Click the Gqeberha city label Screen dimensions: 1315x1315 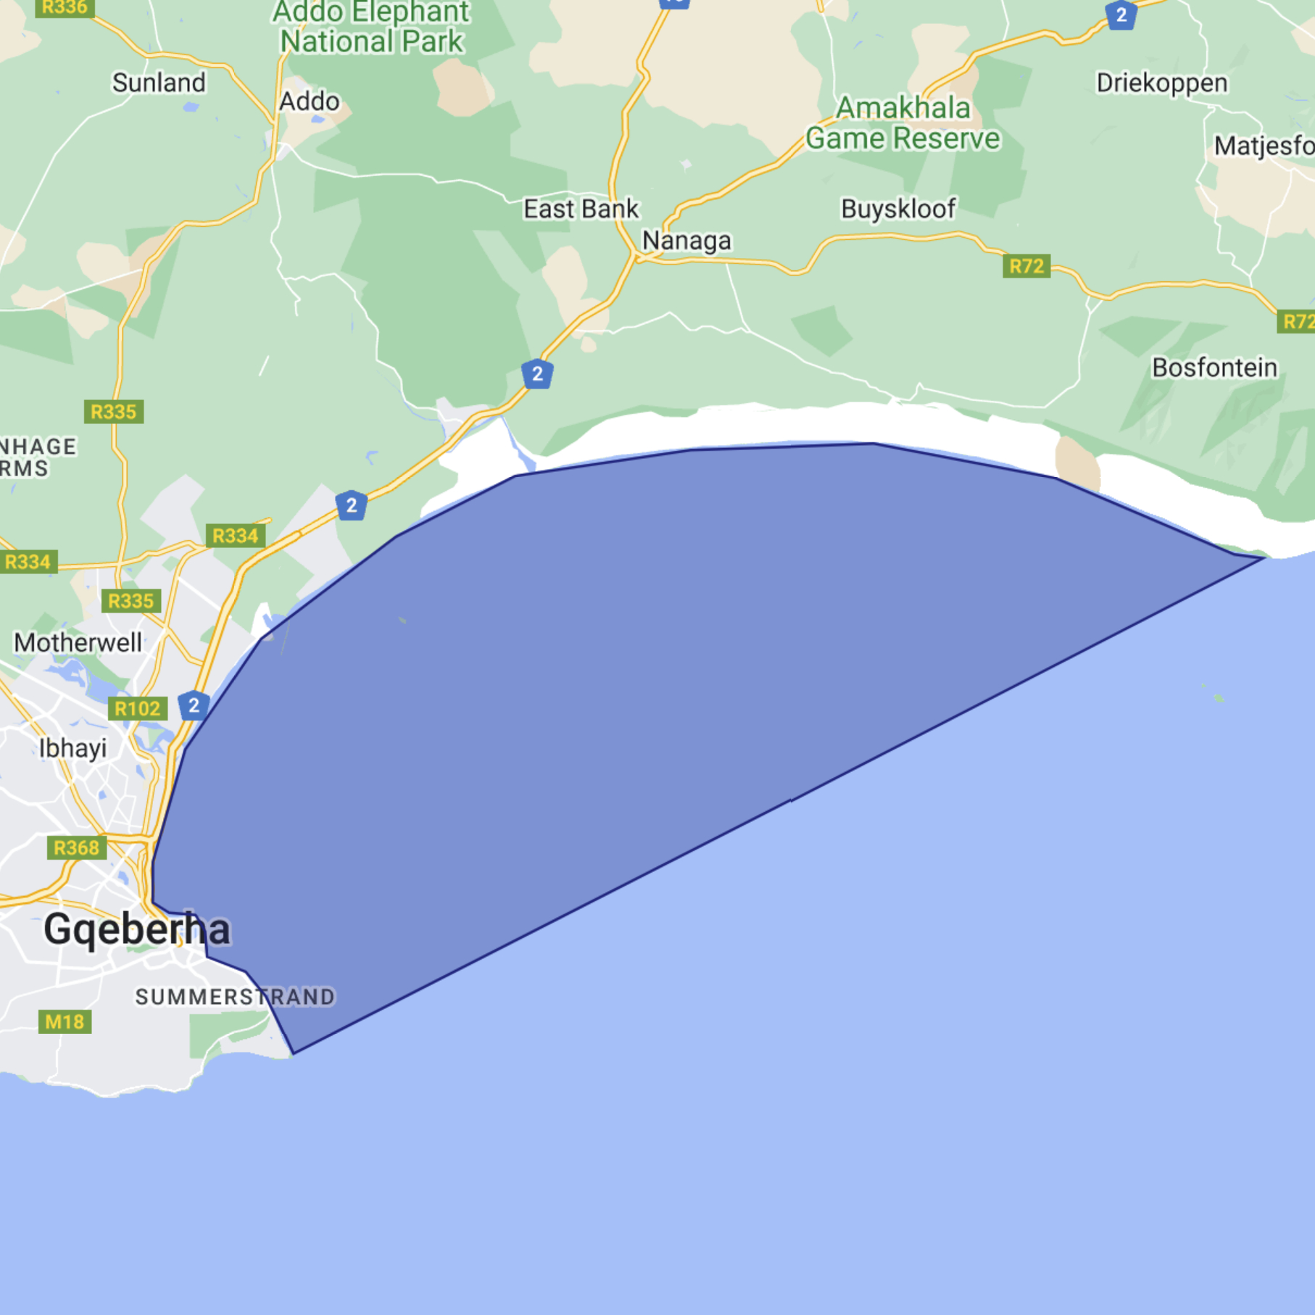pos(136,929)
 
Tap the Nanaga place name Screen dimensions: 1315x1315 pos(686,241)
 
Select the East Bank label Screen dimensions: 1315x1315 pos(581,210)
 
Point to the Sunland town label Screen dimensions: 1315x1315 pos(159,83)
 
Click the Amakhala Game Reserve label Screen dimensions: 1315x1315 pos(903,123)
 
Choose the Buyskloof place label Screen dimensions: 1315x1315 pos(898,210)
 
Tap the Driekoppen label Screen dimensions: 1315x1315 pos(1161,83)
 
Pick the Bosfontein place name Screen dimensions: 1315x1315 pos(1214,368)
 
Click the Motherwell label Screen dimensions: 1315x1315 pos(78,642)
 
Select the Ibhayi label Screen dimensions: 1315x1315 pos(72,748)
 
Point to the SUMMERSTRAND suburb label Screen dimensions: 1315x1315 pos(235,997)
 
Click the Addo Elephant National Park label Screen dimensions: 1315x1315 pos(371,28)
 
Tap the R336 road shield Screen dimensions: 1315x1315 pos(65,8)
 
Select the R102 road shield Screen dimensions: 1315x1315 pos(137,708)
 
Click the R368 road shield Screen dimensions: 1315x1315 pos(76,847)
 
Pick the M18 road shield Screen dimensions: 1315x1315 pos(65,1022)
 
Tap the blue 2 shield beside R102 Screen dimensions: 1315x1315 pos(194,705)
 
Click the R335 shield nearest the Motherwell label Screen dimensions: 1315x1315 pos(130,601)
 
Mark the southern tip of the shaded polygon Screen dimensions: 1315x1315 pos(294,1053)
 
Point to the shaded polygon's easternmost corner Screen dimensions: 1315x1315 pos(1264,558)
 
